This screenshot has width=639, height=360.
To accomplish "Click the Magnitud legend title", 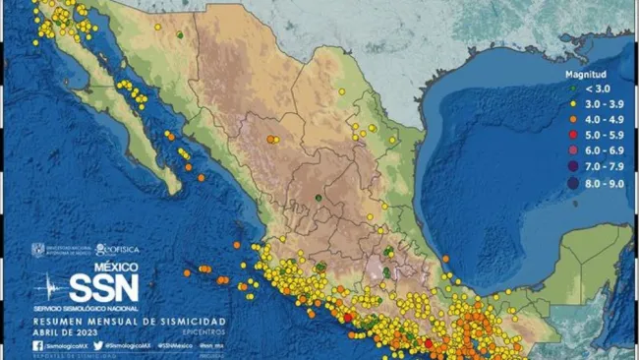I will [x=585, y=75].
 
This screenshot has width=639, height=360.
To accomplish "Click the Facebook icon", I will [x=37, y=345].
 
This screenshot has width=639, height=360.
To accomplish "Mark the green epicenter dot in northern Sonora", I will [x=180, y=34].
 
